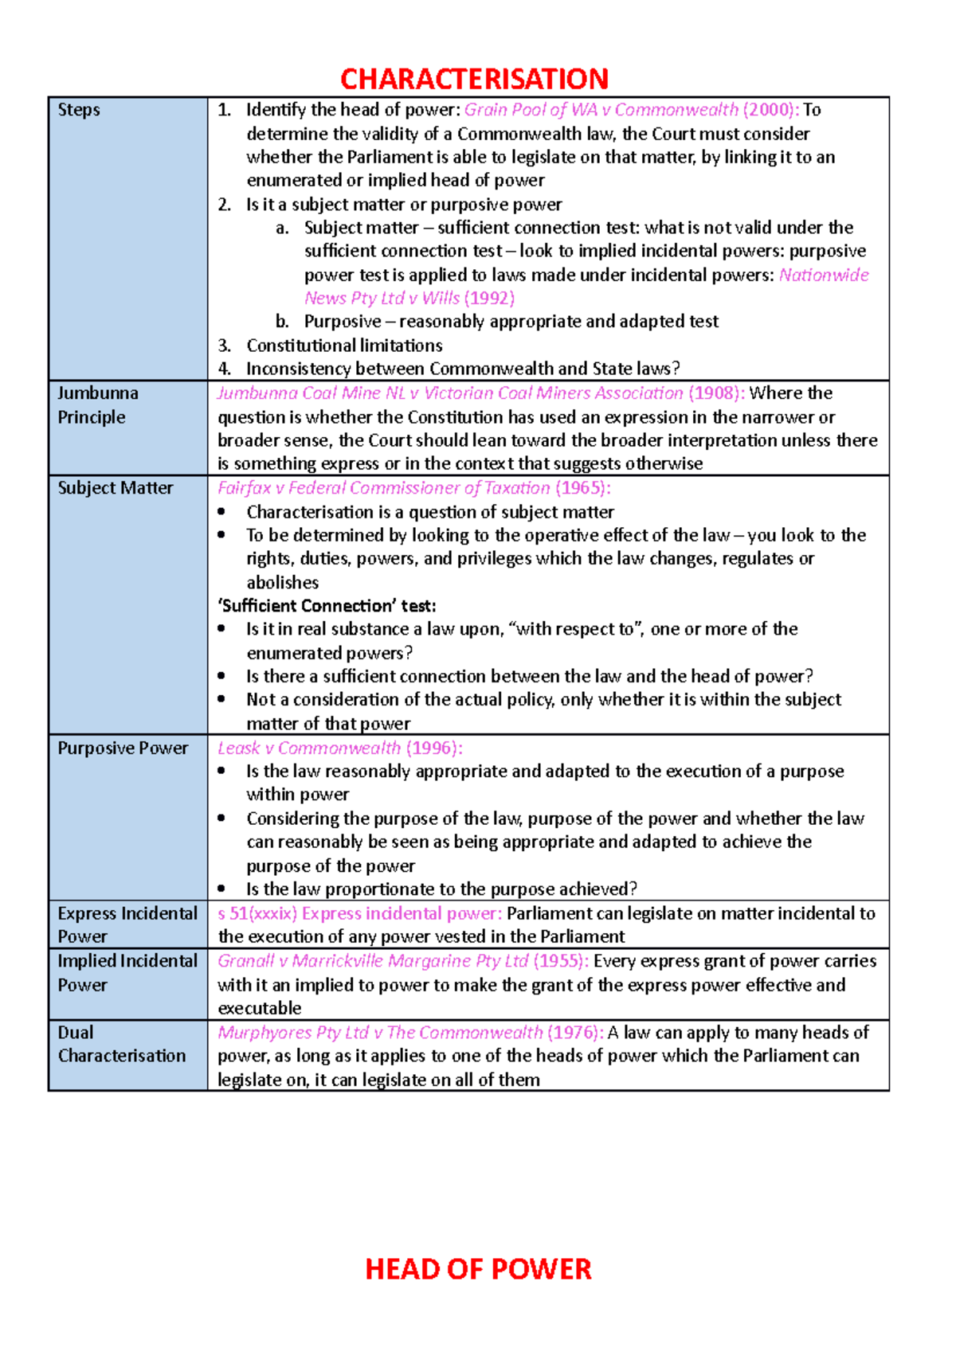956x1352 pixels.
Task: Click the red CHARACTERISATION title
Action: pos(474,79)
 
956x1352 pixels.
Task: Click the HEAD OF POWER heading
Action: pos(478,1268)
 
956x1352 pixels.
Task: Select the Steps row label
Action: pos(79,110)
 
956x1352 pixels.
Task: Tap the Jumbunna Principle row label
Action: pos(97,404)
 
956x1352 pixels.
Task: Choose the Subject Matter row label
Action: pos(115,488)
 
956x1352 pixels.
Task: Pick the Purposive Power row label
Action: pos(123,748)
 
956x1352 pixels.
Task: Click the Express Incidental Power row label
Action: pos(127,924)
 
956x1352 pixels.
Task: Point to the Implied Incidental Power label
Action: pos(127,972)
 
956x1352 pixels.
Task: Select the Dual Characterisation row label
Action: pos(121,1043)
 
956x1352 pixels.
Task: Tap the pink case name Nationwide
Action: pos(824,275)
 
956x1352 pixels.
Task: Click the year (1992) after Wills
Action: pos(489,298)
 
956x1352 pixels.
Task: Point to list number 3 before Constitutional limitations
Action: pos(225,346)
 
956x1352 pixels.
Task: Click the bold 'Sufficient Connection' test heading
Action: pos(327,606)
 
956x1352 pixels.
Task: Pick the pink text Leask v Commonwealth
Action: pos(309,748)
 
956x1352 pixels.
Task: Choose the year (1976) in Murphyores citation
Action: pos(574,1033)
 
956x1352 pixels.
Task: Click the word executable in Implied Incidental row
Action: pos(260,1008)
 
